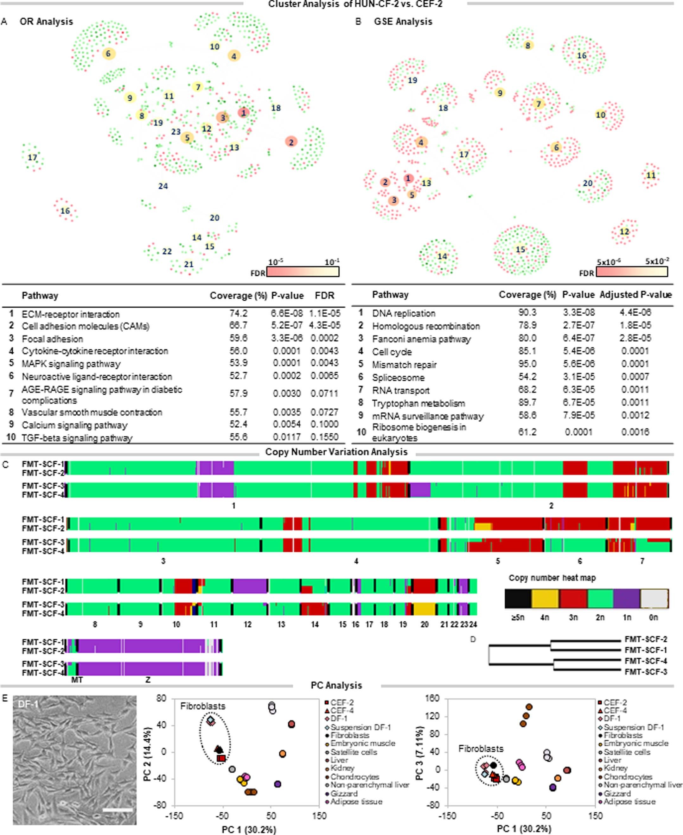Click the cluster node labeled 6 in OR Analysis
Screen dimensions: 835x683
[108, 54]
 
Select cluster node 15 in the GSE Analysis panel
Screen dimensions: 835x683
[520, 249]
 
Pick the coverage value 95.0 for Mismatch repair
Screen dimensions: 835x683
[527, 364]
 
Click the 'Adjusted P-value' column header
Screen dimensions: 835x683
[635, 294]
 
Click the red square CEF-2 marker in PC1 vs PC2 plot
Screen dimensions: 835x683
[221, 758]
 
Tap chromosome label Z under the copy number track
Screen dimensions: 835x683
[148, 679]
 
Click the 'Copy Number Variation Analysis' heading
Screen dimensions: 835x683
[336, 452]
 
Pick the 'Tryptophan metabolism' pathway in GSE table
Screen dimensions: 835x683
[418, 403]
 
